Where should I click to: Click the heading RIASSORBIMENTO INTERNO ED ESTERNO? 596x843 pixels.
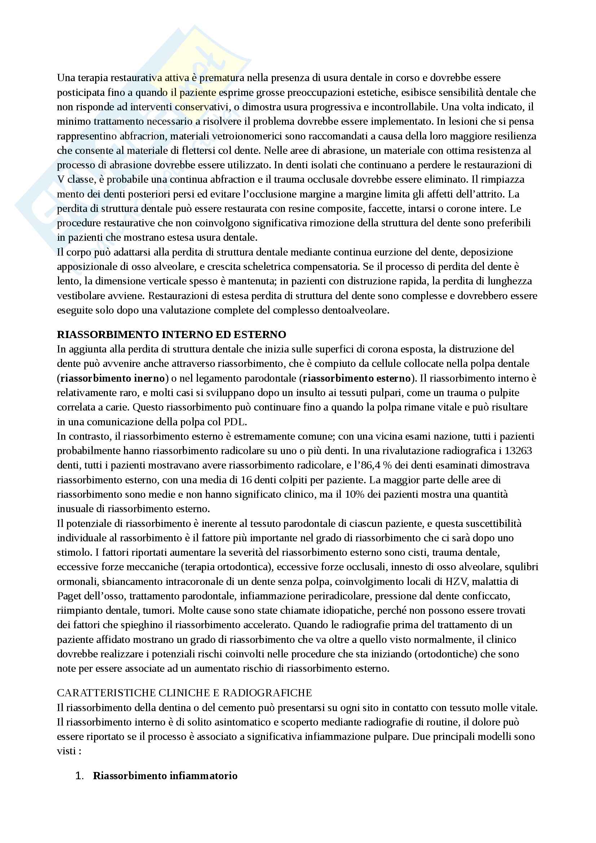(x=171, y=334)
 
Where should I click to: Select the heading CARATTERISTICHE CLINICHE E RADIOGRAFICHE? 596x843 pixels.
(x=184, y=693)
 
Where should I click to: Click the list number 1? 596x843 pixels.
(x=79, y=776)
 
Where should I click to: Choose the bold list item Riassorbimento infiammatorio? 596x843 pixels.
(x=165, y=776)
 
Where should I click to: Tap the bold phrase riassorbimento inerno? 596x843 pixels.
(x=112, y=378)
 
